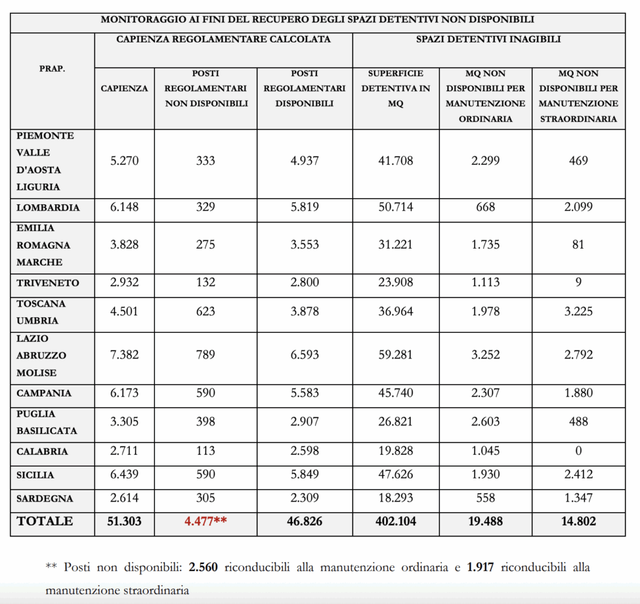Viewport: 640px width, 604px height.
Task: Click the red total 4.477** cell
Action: tap(205, 522)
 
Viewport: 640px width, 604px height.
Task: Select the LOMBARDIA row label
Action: tap(48, 207)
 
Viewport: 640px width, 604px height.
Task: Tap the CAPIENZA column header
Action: tap(124, 88)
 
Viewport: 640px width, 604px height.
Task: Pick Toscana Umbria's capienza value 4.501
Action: tap(124, 311)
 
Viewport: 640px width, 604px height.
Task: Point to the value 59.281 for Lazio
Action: tap(396, 355)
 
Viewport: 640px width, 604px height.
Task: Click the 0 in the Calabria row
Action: tap(578, 451)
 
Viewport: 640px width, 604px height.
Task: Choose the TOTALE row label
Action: tap(45, 522)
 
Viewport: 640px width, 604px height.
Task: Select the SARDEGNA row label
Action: tap(45, 498)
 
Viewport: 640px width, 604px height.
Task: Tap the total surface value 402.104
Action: tap(396, 522)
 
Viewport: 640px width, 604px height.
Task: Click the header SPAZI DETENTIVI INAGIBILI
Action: tap(488, 39)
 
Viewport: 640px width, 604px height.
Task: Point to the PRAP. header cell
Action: tap(52, 69)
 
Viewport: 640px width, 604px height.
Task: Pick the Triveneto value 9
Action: tap(578, 282)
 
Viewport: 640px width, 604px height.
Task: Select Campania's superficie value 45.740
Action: tap(396, 394)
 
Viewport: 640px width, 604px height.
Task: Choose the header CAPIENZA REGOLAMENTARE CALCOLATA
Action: tap(223, 39)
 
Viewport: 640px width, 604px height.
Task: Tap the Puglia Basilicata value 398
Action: tap(205, 422)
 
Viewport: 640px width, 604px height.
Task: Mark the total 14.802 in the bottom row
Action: tap(578, 522)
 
